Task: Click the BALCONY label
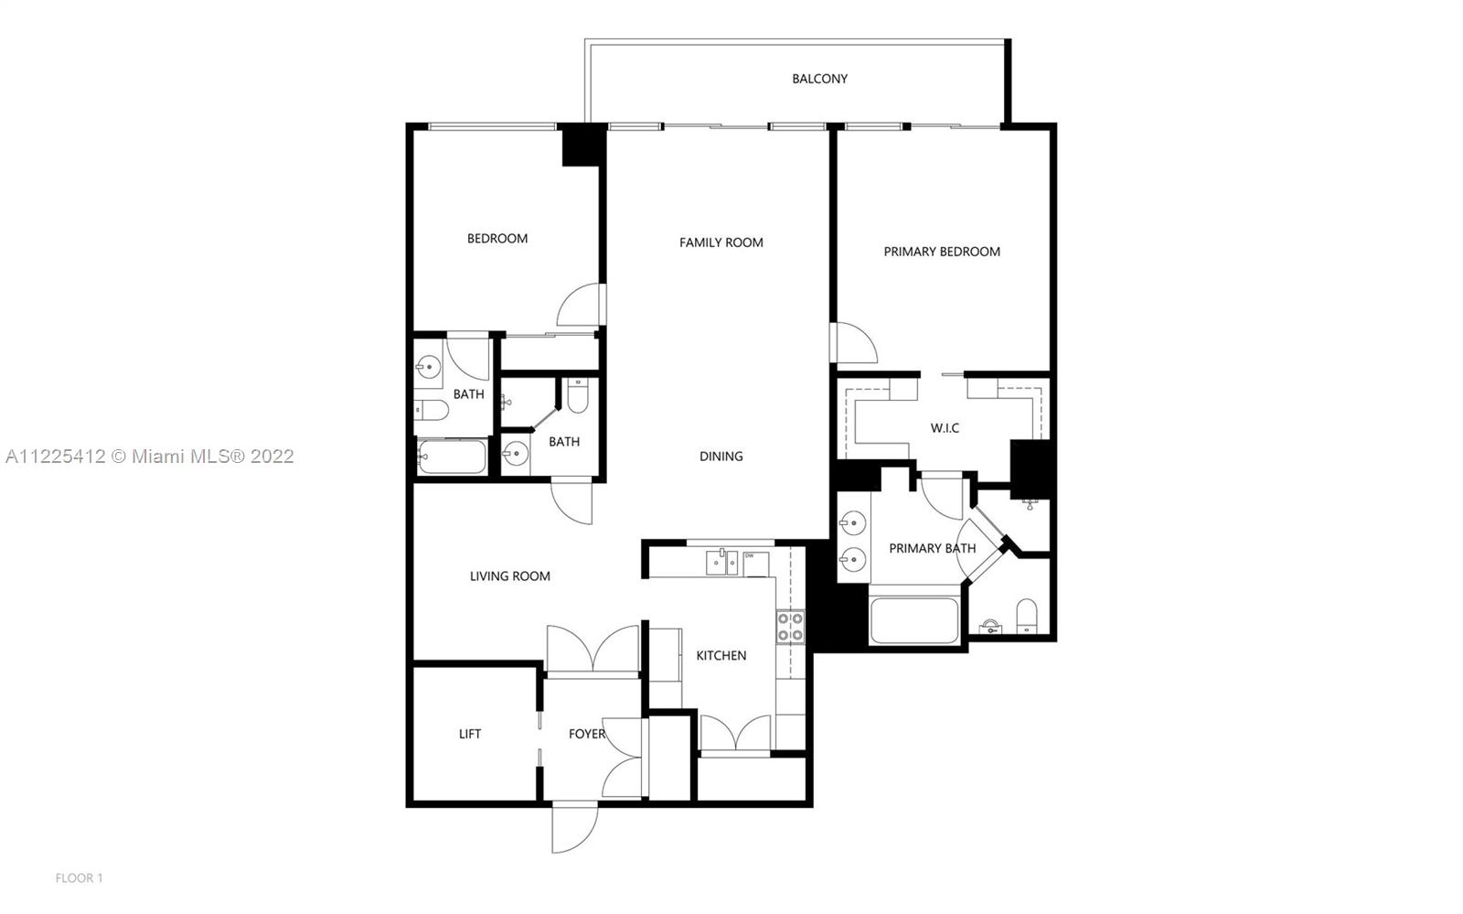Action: click(819, 79)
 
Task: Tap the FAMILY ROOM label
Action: click(721, 242)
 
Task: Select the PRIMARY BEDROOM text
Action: click(942, 252)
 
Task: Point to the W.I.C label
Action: click(945, 428)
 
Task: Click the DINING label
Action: click(721, 456)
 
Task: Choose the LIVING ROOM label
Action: click(510, 576)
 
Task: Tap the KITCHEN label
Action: click(721, 655)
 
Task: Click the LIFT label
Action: click(470, 735)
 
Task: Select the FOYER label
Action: click(586, 735)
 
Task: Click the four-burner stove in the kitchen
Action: click(790, 628)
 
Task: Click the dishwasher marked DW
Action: click(755, 565)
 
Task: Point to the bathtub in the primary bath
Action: click(914, 620)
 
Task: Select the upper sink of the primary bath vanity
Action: click(853, 522)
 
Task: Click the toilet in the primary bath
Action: click(1027, 616)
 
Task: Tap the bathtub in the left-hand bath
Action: click(452, 457)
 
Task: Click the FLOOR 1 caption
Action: click(79, 878)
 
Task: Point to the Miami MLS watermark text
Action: click(150, 456)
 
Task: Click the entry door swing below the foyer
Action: click(575, 829)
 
